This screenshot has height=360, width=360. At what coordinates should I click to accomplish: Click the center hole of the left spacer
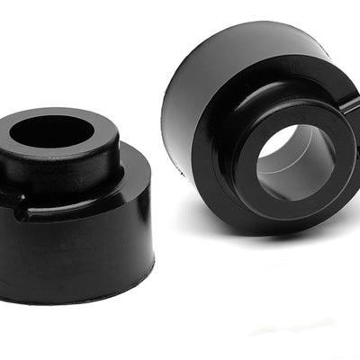click(x=59, y=132)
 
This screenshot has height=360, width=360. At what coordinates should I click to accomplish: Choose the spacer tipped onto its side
click(x=261, y=135)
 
